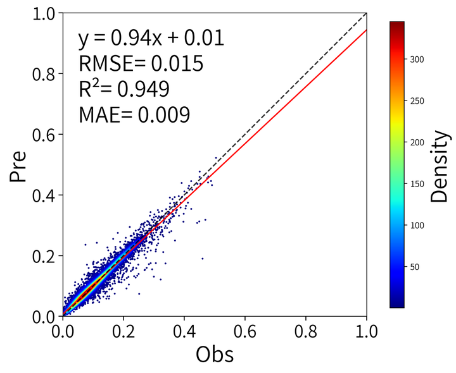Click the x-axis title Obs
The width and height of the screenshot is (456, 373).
[215, 354]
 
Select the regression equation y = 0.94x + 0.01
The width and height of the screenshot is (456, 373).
[151, 39]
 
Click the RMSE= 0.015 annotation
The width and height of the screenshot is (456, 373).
[141, 64]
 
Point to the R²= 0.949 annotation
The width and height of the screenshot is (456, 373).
[123, 89]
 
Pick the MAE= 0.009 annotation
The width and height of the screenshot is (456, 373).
[134, 114]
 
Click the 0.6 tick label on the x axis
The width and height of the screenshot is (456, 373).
[245, 330]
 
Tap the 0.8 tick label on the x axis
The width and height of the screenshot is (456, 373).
[306, 330]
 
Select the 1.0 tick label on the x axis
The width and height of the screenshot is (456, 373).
[367, 330]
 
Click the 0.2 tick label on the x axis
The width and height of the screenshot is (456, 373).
[123, 330]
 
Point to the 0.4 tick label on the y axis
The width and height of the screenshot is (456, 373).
[43, 195]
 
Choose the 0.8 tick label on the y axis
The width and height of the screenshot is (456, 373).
[43, 73]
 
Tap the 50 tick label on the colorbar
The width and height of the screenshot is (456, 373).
[414, 267]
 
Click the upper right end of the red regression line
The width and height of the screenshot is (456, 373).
[367, 29]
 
